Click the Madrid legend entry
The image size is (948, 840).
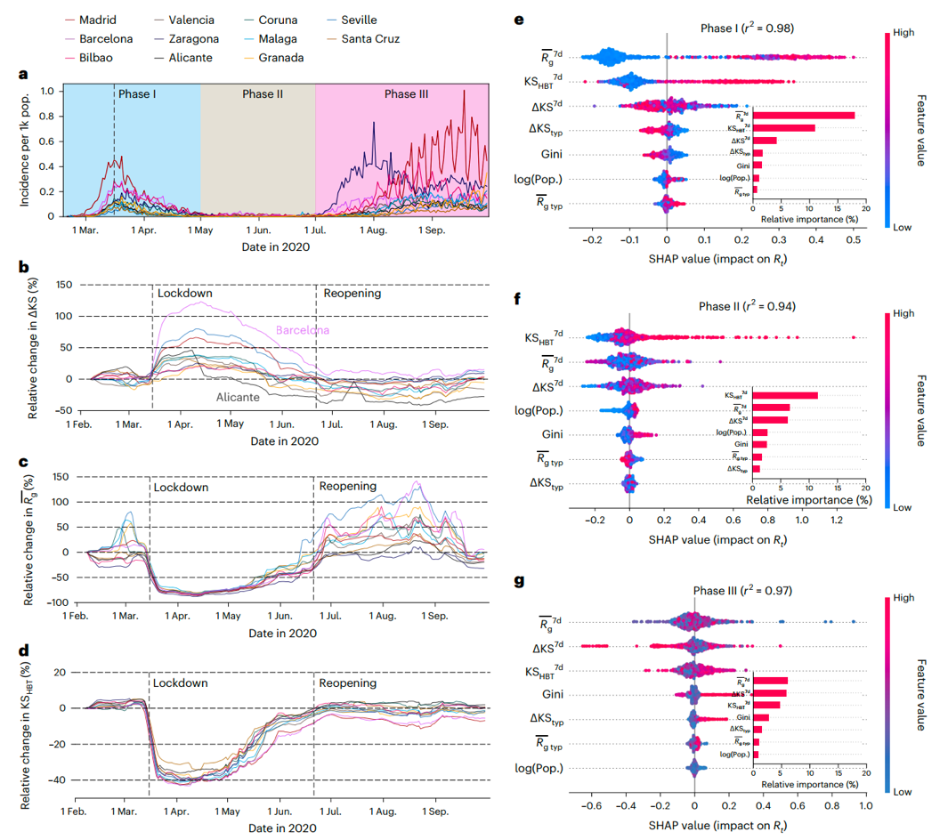pyautogui.click(x=97, y=20)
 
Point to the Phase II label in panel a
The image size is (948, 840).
pyautogui.click(x=263, y=93)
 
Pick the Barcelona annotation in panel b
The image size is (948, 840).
pyautogui.click(x=302, y=330)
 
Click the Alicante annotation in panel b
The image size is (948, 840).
pyautogui.click(x=235, y=398)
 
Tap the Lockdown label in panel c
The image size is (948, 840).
pyautogui.click(x=181, y=488)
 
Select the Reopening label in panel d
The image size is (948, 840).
pyautogui.click(x=350, y=683)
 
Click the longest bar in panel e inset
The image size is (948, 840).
pyautogui.click(x=804, y=115)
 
